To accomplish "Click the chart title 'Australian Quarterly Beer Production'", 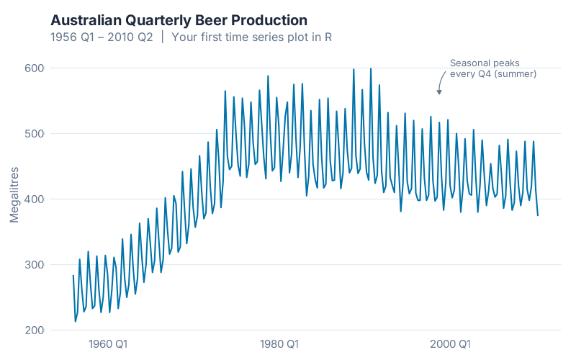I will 179,20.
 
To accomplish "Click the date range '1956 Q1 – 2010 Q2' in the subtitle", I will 102,37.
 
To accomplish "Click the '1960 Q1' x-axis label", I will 108,343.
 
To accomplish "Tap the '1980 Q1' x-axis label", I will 279,343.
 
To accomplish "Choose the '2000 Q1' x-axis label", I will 451,343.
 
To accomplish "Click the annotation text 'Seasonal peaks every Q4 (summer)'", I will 493,68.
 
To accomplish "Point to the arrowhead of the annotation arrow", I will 438,93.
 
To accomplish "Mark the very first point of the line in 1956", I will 73,276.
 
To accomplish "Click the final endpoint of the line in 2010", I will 538,215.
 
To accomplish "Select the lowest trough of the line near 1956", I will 76,321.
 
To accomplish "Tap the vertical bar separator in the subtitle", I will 163,37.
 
